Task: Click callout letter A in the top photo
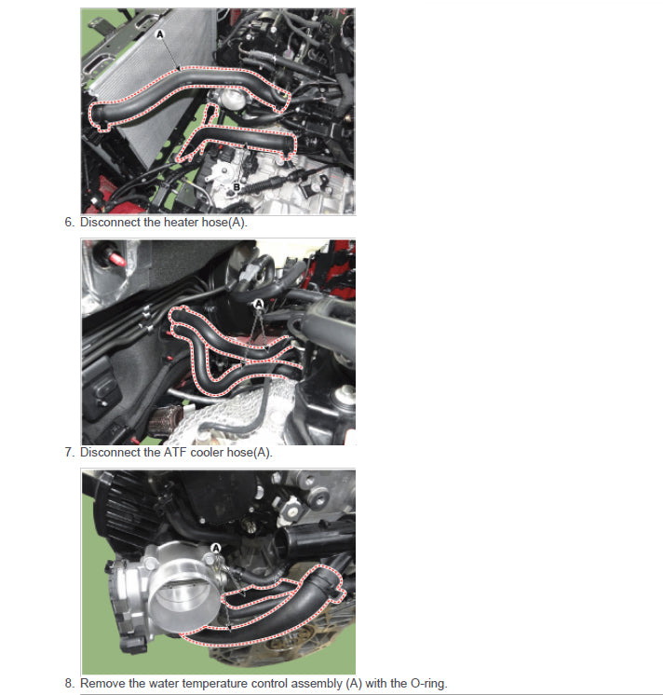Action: (160, 34)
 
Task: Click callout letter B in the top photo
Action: (237, 187)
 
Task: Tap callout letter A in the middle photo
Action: (258, 304)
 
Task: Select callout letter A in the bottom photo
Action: (216, 549)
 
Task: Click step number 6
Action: (69, 222)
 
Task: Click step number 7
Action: (69, 452)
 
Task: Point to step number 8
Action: (69, 683)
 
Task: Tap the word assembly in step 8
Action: (317, 684)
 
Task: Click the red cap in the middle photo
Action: (116, 259)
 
